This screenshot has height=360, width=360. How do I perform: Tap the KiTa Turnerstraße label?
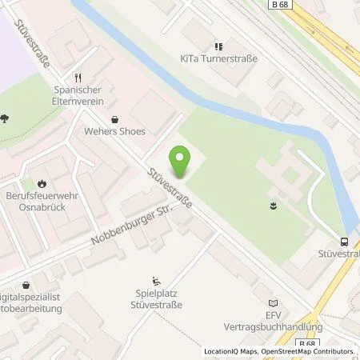(x=218, y=59)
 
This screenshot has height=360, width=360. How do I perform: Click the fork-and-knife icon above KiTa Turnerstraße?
(x=218, y=46)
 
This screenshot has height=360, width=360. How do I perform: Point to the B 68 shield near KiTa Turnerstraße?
(x=278, y=4)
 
